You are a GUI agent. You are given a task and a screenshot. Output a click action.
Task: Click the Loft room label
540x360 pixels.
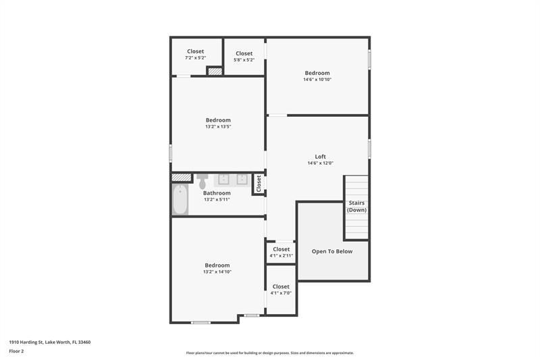tap(321, 157)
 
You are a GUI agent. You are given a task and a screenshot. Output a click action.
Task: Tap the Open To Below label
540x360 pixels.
tap(332, 251)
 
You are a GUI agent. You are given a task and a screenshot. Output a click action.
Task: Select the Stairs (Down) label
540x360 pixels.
tap(357, 206)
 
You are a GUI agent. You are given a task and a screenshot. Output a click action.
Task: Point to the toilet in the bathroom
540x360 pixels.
tap(202, 181)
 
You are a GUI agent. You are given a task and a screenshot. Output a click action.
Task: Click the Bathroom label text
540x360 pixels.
tap(217, 193)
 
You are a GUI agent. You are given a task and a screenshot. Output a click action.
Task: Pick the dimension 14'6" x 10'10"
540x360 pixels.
tap(317, 80)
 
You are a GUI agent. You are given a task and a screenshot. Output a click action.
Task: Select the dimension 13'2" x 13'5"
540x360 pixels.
tap(218, 126)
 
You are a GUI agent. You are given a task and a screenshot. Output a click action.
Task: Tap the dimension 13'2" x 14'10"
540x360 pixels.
tap(217, 272)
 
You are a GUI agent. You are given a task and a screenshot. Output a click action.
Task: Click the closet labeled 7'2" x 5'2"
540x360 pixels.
tap(196, 55)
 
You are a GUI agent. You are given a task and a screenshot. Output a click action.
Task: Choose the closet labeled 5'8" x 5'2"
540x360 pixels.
tap(244, 57)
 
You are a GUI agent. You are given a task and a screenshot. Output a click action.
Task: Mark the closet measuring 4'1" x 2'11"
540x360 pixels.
tap(281, 253)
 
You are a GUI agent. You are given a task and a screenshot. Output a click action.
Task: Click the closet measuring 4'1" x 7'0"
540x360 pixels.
tap(281, 290)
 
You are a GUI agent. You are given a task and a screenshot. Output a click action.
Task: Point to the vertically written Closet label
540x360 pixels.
tap(259, 184)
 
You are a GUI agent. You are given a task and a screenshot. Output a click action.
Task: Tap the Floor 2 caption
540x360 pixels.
tap(17, 351)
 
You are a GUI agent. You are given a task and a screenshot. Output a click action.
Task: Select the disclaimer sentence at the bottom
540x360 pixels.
tap(269, 353)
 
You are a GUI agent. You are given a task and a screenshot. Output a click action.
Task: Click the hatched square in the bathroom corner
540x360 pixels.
tap(180, 178)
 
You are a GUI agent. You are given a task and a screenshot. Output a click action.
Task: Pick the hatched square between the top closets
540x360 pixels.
tap(215, 70)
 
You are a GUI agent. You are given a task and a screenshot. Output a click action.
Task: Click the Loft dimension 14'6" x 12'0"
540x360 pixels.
tap(321, 163)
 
